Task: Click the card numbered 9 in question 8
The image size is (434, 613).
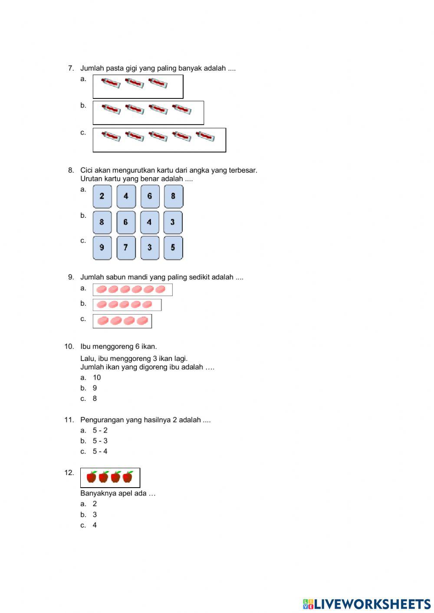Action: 102,247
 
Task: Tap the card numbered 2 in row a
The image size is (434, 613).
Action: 102,196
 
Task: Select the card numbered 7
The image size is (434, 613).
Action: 126,247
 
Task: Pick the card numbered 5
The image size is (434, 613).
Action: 173,247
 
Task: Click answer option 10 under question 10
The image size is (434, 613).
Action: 96,377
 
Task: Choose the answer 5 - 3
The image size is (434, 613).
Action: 100,441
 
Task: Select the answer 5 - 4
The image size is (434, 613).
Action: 100,451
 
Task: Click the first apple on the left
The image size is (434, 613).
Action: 92,477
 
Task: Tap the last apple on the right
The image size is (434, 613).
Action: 128,477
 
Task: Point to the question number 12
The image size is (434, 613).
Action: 69,472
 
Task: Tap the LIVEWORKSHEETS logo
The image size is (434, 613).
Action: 367,604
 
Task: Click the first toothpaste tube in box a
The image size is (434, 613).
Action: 111,83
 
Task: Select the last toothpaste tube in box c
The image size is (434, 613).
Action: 205,136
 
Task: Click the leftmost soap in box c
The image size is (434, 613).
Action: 103,321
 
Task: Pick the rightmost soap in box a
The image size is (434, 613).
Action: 161,289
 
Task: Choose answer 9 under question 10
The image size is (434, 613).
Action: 95,388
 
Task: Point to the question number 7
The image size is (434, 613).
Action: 71,68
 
